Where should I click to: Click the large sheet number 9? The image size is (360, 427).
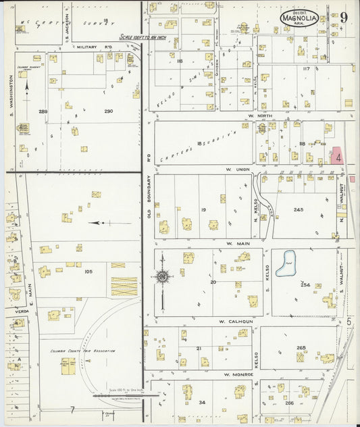(x=343, y=18)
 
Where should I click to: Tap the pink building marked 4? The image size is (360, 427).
(x=336, y=156)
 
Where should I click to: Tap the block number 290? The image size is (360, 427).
(x=108, y=111)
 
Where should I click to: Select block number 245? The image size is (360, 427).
(x=299, y=210)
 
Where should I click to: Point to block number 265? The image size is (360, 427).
(x=301, y=348)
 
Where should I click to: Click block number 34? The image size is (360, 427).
(x=202, y=403)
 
